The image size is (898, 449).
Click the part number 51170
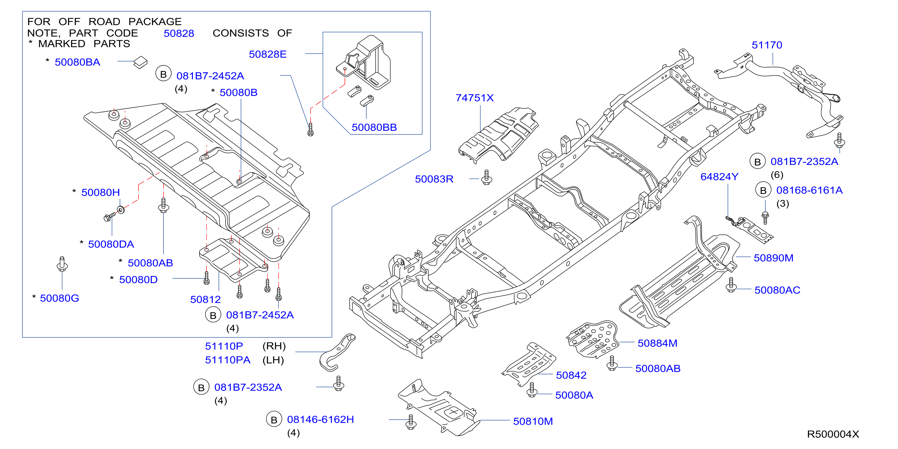(767, 45)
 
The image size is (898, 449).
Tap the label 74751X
(475, 98)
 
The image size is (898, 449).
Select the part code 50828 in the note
(179, 33)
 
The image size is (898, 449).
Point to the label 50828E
(267, 54)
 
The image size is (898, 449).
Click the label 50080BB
(374, 127)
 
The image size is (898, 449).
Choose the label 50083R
(434, 179)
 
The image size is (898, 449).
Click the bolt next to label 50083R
(487, 177)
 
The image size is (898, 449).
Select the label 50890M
(773, 258)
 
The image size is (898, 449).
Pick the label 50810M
(533, 421)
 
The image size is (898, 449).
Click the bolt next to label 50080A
(532, 390)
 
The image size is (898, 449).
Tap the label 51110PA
(227, 360)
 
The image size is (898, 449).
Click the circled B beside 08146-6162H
(274, 420)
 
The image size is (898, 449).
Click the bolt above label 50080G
(62, 264)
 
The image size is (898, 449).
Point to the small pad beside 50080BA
(141, 62)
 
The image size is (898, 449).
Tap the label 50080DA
(111, 244)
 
